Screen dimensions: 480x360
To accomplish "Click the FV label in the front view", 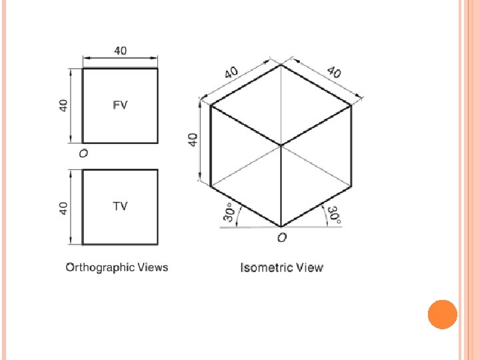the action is click(x=120, y=105).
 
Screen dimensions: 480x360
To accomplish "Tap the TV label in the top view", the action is click(x=119, y=206).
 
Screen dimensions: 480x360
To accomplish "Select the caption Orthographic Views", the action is click(x=117, y=267).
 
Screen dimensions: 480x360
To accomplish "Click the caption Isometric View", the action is click(x=281, y=268).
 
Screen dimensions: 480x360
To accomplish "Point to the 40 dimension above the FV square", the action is click(x=120, y=51).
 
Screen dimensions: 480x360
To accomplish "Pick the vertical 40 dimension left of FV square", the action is click(x=63, y=105).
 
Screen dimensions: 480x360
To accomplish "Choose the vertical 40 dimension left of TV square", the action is click(x=63, y=207).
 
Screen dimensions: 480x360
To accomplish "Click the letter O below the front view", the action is click(x=83, y=153).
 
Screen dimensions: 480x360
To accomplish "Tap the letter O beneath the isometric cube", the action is click(x=282, y=237).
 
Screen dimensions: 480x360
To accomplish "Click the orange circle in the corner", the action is click(x=442, y=314).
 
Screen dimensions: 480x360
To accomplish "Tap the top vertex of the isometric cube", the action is click(x=281, y=65).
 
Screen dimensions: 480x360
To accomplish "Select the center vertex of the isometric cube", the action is click(x=281, y=145).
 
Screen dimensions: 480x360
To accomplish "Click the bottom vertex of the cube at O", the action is click(x=281, y=226).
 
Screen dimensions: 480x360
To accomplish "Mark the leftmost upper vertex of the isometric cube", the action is click(x=211, y=105).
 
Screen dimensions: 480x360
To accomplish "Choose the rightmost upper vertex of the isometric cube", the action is click(x=351, y=105).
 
